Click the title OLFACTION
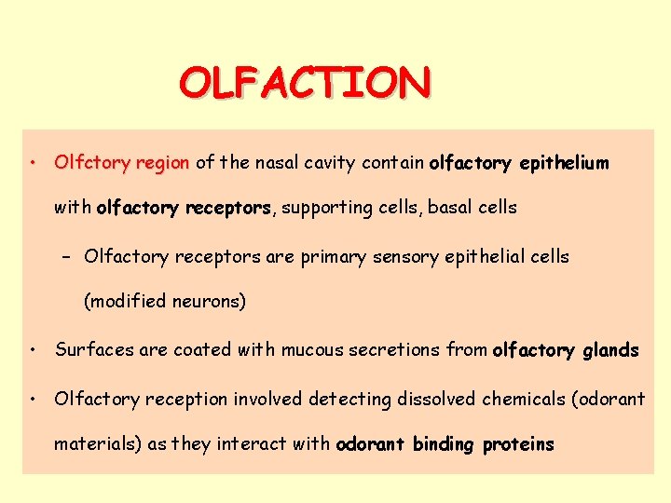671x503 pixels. coord(305,83)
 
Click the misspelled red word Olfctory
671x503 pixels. coord(92,163)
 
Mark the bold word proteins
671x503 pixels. coord(518,445)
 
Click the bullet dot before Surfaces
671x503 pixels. coord(33,350)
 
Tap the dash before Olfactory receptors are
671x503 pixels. coord(71,256)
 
